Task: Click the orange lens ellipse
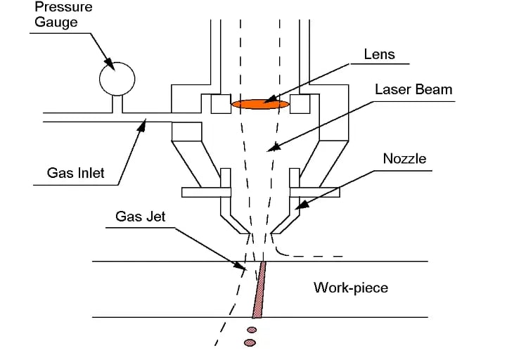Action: point(260,104)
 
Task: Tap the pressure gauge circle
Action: point(117,77)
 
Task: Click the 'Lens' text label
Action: point(379,54)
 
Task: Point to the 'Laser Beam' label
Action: point(413,90)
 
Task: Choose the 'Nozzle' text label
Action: point(404,159)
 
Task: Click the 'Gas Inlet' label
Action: point(75,172)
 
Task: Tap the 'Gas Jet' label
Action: point(141,217)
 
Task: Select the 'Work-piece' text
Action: point(350,288)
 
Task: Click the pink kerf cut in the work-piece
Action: point(259,289)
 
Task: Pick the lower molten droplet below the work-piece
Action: point(249,342)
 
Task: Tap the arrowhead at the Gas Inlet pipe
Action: point(144,126)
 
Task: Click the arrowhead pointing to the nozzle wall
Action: point(299,207)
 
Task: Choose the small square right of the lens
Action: point(301,103)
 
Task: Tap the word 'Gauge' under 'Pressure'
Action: point(53,22)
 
